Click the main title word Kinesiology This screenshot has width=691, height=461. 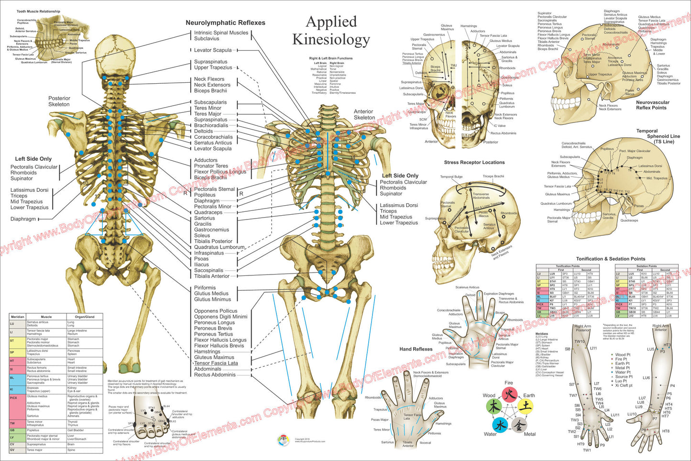(x=331, y=40)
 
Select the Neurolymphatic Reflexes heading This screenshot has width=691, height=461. (x=225, y=22)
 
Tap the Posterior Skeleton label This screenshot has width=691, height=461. (x=59, y=101)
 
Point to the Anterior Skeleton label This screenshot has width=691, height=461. (x=364, y=114)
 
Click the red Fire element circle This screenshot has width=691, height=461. (x=509, y=395)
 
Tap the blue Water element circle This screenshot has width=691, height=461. (x=499, y=425)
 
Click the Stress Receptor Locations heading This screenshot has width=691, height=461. (x=474, y=163)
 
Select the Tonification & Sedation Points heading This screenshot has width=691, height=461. (x=610, y=259)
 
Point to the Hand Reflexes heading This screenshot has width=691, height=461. (x=416, y=349)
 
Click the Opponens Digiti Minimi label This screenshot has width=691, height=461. (x=220, y=317)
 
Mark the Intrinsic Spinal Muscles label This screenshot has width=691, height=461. (x=221, y=33)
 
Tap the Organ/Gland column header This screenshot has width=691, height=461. (x=85, y=317)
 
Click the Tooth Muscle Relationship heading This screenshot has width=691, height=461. (x=38, y=11)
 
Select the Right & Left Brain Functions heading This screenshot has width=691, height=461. (x=330, y=58)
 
